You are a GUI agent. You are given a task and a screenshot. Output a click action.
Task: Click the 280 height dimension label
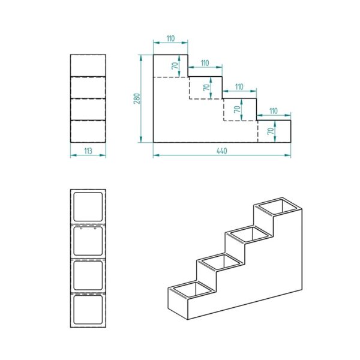click(x=137, y=98)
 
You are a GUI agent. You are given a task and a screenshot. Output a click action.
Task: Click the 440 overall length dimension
click(x=222, y=151)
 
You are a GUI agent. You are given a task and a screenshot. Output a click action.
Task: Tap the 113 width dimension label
click(x=88, y=151)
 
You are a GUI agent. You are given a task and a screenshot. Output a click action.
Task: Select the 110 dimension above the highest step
click(x=170, y=38)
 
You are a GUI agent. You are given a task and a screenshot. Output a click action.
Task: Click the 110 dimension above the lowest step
click(x=273, y=111)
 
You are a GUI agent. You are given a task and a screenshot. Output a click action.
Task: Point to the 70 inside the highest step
click(x=175, y=65)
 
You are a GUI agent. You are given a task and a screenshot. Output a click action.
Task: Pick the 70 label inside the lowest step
click(x=271, y=131)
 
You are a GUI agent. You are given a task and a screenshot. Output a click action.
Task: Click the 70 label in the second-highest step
click(x=206, y=88)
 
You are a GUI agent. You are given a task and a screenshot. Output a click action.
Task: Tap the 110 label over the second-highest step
click(x=205, y=63)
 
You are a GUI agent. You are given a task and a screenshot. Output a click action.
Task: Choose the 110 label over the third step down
click(x=239, y=87)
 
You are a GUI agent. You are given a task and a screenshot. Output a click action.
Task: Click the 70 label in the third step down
click(x=238, y=109)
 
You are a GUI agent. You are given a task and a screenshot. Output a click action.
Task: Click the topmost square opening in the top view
click(x=88, y=207)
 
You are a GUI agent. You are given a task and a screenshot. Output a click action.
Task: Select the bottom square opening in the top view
click(x=88, y=310)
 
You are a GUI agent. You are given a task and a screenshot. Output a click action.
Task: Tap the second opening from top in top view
click(x=88, y=241)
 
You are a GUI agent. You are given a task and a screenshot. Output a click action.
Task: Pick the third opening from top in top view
click(x=88, y=275)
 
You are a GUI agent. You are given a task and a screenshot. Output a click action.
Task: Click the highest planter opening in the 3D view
click(x=277, y=206)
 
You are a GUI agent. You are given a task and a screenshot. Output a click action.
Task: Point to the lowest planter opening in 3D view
click(x=193, y=289)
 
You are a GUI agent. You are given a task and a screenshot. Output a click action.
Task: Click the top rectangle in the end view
click(x=88, y=65)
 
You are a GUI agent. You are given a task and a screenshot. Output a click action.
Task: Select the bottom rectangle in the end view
click(x=88, y=131)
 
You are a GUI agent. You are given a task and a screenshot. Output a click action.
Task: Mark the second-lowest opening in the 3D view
click(x=221, y=262)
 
